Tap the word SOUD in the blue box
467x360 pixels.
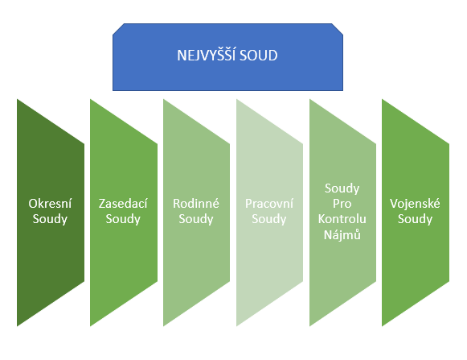[259, 56]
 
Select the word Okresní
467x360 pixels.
[50, 203]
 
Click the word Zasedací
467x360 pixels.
[123, 203]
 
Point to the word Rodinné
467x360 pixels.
[196, 203]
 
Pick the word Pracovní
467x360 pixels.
[269, 203]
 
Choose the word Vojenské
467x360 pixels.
[415, 203]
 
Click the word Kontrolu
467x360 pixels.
[342, 219]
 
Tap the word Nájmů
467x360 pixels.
[342, 234]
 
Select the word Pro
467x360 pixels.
[342, 204]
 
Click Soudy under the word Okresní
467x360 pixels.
[50, 219]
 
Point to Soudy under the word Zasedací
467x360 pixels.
[123, 219]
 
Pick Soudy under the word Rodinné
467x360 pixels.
[196, 219]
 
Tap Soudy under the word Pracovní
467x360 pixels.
[269, 219]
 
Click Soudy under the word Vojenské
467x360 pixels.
[415, 219]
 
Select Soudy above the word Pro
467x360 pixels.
[342, 188]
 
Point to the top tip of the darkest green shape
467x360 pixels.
[17, 99]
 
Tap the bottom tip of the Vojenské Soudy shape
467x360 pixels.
[382, 326]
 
